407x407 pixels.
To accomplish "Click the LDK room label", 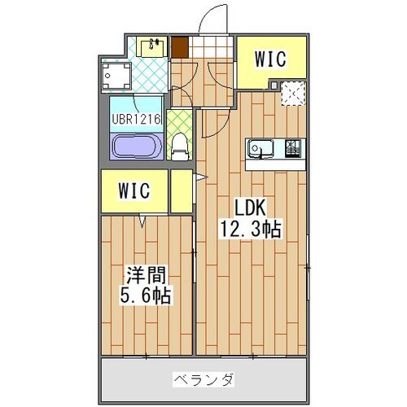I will coord(252,208).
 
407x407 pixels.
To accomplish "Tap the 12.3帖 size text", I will coord(252,230).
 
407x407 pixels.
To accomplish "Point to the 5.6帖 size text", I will coord(147,295).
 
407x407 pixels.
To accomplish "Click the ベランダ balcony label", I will coord(203,379).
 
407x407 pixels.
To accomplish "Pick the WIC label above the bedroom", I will coord(134,191).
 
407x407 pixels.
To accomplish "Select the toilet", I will coord(181,147).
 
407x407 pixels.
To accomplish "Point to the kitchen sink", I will coord(260,148).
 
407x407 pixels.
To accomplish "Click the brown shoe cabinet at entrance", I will coord(178,46).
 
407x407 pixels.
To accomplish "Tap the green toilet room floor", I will coord(181,122).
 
